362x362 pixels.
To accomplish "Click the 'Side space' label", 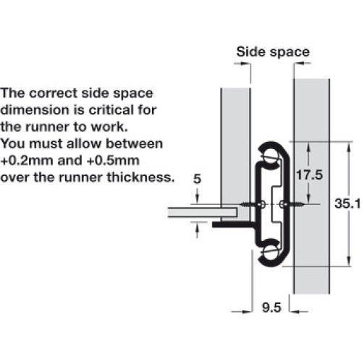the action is (x=273, y=52).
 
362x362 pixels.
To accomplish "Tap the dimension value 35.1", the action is (x=348, y=203).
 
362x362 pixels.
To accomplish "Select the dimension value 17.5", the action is (x=309, y=174).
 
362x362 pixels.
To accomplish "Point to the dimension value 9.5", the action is (x=271, y=308).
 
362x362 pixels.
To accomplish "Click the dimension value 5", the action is (x=197, y=179).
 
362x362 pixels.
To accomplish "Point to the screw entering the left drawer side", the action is (x=250, y=205).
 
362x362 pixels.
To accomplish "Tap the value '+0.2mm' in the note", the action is (x=27, y=161).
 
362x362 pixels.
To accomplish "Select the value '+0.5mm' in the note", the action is (x=113, y=161).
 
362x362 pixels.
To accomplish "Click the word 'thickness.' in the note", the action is (x=140, y=177).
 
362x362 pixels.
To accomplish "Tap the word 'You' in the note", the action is (x=13, y=143).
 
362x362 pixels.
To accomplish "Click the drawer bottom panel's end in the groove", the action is (x=235, y=212).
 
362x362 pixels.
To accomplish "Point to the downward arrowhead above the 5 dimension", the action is (x=197, y=199).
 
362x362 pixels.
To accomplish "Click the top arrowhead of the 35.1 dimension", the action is (x=349, y=147).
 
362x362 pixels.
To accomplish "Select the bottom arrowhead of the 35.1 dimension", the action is (x=349, y=261).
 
